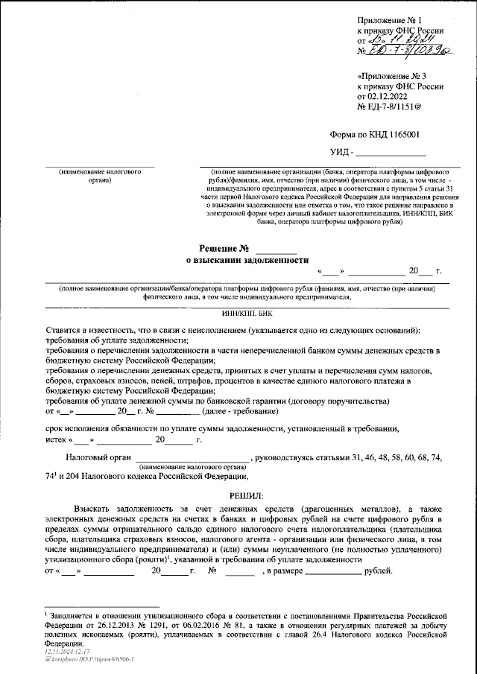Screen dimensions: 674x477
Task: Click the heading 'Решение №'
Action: [223, 247]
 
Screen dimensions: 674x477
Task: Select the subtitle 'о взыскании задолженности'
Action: [246, 261]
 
